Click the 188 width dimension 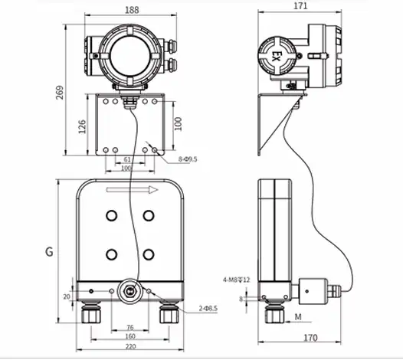(132, 11)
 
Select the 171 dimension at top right (300, 6)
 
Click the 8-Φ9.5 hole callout (188, 159)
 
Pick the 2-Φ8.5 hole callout (208, 308)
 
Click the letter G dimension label (49, 250)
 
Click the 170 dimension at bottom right (310, 337)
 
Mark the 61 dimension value (126, 159)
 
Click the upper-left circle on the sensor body (111, 214)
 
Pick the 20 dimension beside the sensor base (67, 296)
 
